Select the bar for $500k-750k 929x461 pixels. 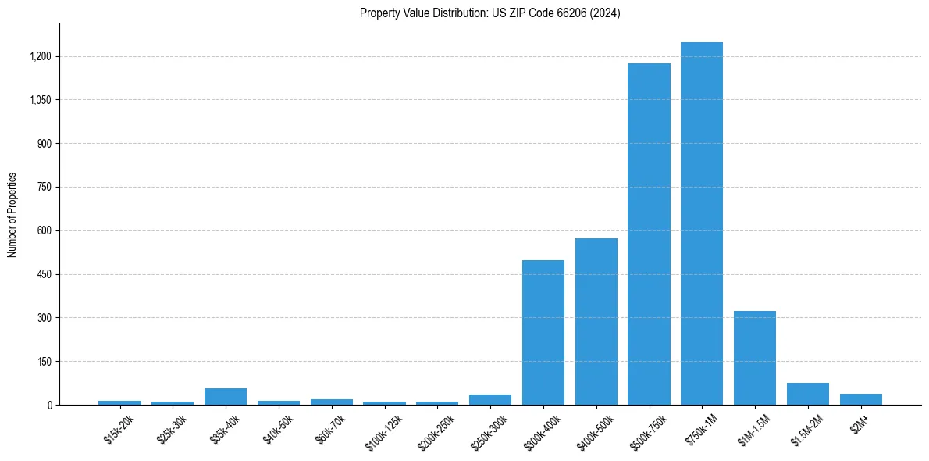pos(649,234)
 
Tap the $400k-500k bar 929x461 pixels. pos(596,321)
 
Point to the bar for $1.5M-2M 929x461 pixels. pos(807,394)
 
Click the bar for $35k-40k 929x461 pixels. pos(225,396)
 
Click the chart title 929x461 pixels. pos(489,13)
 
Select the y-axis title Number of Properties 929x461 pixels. pos(12,214)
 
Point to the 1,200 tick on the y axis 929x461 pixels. pos(40,56)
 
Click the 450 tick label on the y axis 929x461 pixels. pos(44,274)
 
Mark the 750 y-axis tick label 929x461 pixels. pos(44,188)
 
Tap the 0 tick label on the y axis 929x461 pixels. pos(49,405)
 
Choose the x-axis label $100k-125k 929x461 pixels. pos(383,431)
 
